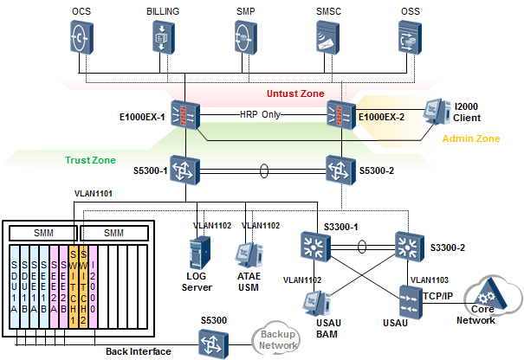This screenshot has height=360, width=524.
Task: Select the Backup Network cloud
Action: [276, 339]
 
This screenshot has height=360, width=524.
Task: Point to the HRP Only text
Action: [261, 114]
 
